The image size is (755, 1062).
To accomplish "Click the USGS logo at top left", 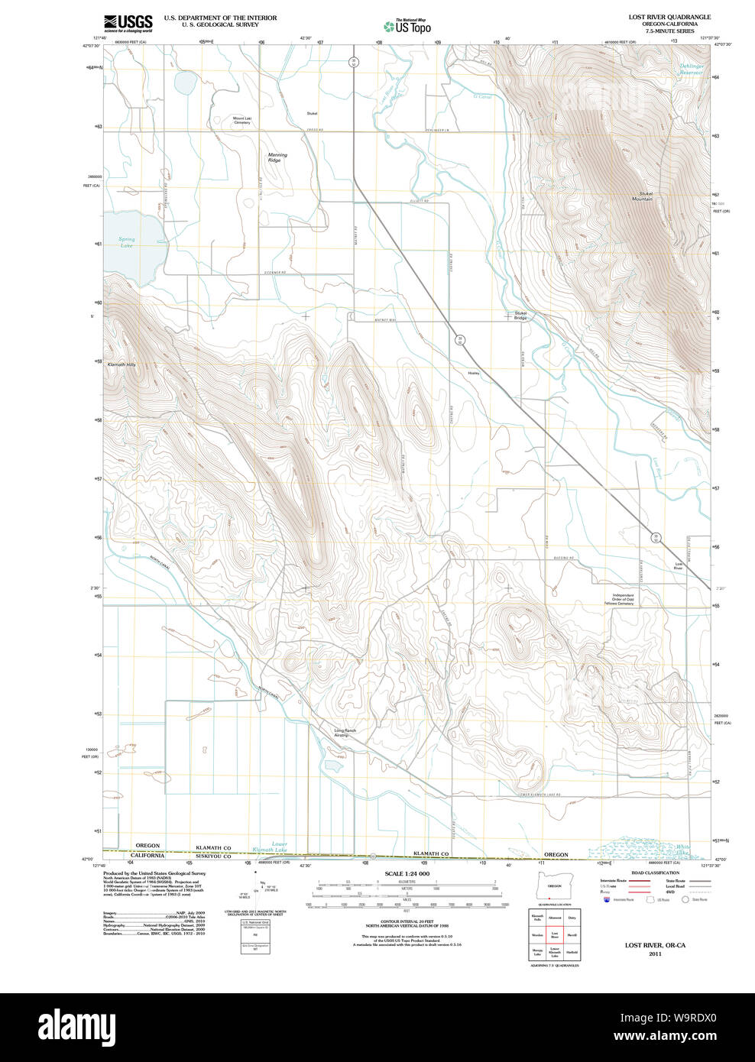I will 128,22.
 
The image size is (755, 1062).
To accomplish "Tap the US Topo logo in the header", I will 407,26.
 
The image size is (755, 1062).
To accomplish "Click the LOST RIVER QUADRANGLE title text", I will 669,17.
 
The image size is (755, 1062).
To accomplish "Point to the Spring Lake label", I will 127,242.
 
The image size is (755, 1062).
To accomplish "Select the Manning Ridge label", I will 277,157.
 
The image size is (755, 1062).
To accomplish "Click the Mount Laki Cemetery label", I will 242,120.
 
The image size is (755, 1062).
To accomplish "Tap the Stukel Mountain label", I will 642,196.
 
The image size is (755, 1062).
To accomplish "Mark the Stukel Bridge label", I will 520,315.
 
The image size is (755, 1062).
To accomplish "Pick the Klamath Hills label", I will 121,364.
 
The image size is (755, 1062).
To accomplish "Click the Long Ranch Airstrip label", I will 345,732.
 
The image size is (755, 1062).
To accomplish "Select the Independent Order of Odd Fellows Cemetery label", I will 623,600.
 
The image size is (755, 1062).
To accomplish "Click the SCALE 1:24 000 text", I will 407,873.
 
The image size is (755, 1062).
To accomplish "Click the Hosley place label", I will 474,373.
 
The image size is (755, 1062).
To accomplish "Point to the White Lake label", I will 682,849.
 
